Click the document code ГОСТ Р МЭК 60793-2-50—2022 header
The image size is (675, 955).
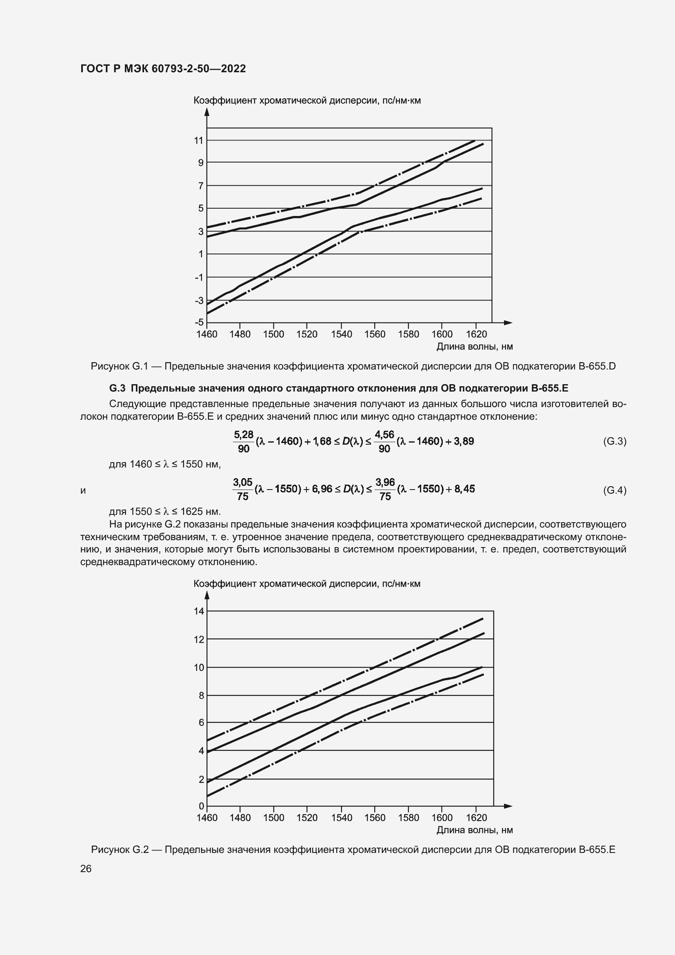163,69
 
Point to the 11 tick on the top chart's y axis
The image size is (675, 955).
199,140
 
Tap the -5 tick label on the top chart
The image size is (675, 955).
199,323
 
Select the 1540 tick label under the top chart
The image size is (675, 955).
341,334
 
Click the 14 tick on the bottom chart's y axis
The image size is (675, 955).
199,611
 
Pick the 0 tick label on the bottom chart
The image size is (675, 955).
202,806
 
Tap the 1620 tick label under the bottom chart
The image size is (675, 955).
476,818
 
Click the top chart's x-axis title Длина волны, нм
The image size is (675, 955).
474,347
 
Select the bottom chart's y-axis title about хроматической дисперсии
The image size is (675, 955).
307,583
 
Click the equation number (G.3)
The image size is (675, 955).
614,441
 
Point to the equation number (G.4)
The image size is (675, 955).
614,490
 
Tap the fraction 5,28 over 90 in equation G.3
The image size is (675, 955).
244,442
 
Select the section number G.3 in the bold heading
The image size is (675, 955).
117,388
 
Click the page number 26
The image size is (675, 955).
86,869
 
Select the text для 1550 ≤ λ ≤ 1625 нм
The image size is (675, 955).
164,511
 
